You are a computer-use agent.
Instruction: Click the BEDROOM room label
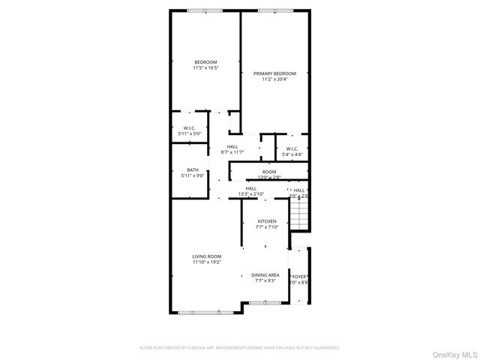205,61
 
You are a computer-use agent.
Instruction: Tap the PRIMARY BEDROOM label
274,73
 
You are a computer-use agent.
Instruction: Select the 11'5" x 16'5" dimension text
205,68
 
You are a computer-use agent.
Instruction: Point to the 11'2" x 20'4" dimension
274,80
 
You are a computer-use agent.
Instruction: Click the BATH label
193,169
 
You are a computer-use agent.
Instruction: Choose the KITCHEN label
267,221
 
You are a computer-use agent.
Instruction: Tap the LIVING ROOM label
205,256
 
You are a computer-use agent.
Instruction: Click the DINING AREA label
265,274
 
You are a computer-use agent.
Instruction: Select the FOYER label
300,276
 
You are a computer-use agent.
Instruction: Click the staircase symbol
299,217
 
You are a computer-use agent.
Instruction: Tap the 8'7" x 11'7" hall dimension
232,152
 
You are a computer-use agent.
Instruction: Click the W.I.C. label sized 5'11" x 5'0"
190,127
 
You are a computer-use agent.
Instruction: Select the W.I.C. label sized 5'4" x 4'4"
292,148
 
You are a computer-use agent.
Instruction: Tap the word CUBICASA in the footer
192,347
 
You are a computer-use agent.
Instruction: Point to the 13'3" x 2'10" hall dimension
251,194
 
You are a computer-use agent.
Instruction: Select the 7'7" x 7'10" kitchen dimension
267,228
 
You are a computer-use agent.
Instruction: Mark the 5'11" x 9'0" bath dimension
193,176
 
